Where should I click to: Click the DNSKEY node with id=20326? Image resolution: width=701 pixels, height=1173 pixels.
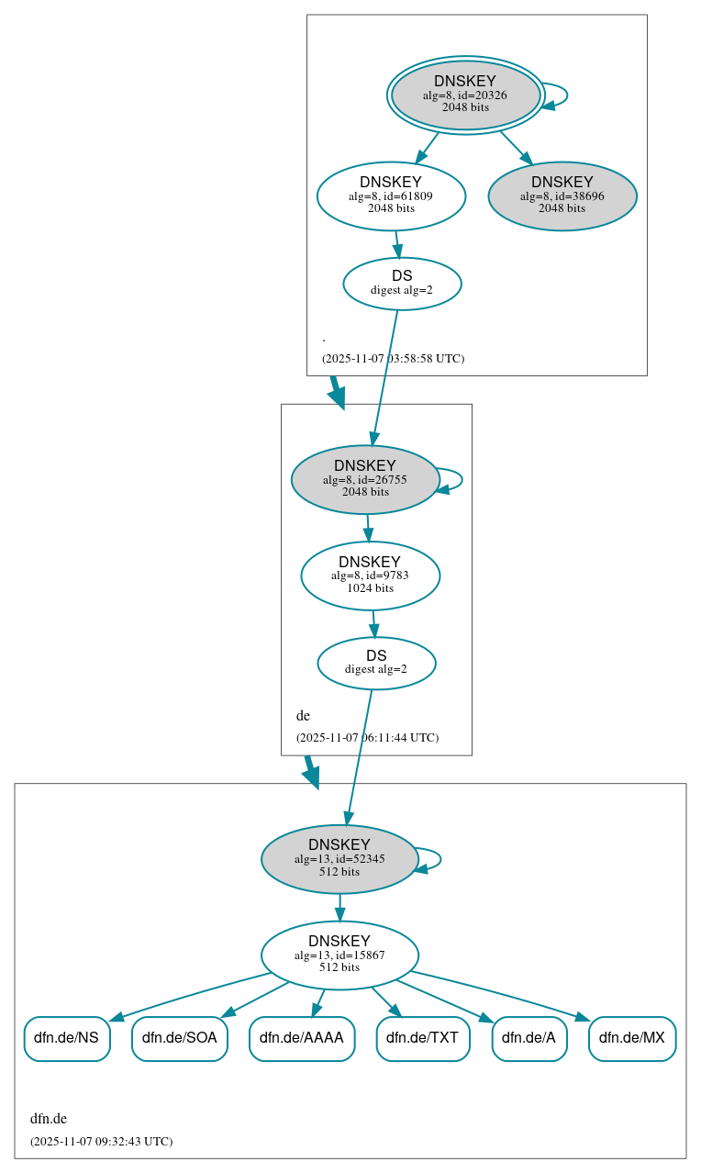(465, 95)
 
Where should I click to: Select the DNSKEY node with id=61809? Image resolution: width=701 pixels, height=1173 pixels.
(391, 195)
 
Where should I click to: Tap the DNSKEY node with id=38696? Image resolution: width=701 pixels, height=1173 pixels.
(562, 195)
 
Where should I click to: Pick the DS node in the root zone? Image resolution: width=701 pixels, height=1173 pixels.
(402, 284)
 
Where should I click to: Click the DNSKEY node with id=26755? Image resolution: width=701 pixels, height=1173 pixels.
(365, 479)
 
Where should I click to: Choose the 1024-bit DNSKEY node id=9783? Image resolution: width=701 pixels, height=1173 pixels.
(370, 575)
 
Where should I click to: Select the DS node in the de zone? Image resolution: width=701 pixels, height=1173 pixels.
(376, 663)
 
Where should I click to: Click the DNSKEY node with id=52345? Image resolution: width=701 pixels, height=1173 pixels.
(339, 859)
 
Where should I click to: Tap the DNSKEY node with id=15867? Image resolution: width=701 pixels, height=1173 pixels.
(339, 955)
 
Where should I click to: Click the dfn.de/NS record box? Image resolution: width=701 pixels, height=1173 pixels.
(67, 1038)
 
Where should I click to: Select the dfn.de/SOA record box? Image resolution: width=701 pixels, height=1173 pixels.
(180, 1038)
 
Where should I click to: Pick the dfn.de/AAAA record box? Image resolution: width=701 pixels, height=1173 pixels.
(302, 1038)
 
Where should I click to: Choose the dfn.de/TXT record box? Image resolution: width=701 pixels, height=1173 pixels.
(422, 1038)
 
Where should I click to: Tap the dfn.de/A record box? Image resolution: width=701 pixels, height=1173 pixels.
(529, 1038)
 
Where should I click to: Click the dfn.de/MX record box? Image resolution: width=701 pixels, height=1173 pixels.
(632, 1038)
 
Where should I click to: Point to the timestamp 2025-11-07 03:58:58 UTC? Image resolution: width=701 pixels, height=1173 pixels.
(393, 358)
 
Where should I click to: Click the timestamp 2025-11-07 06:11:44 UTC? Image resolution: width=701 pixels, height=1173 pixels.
(367, 737)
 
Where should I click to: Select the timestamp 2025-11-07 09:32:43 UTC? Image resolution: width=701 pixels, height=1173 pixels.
(101, 1141)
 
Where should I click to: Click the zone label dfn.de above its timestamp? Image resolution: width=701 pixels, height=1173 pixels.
(49, 1118)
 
